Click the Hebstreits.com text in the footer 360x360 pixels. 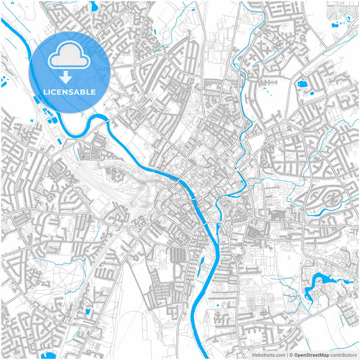[268, 354]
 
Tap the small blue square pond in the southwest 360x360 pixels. [88, 312]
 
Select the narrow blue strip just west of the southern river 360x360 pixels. [201, 267]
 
